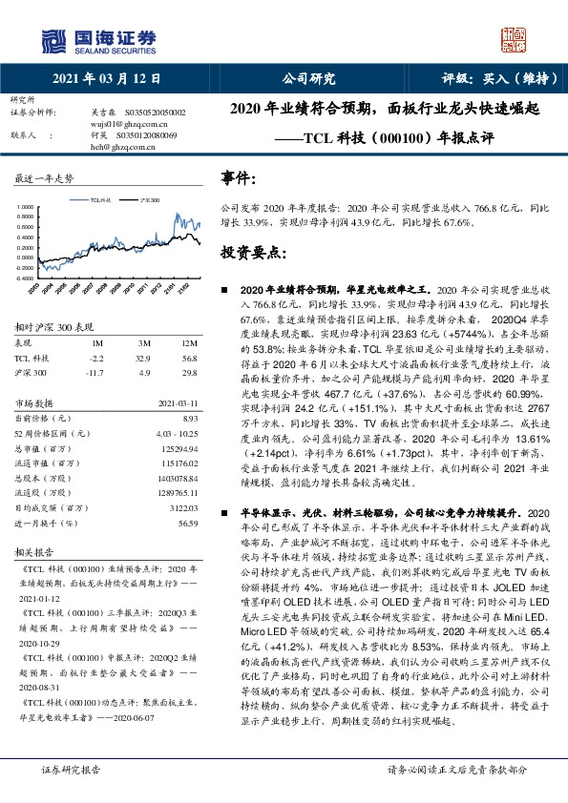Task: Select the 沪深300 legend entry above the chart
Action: [x=147, y=201]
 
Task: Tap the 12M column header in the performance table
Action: [x=188, y=342]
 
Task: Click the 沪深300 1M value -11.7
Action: [x=95, y=372]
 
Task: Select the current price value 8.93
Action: [x=189, y=418]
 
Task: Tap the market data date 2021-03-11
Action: [x=176, y=402]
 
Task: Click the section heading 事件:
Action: [x=238, y=178]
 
